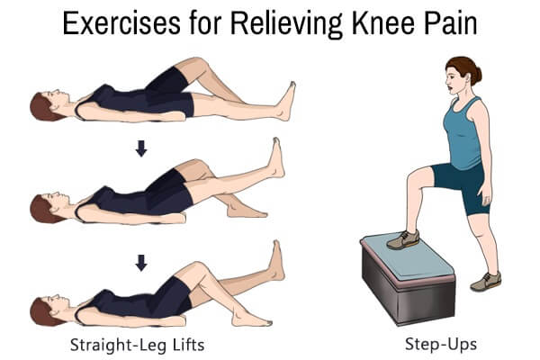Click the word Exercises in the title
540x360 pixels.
coord(121,23)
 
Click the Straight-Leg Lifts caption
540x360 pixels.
coord(138,345)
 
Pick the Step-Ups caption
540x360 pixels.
coord(441,344)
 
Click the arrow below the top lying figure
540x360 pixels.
coord(141,148)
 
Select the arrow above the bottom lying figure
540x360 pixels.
coord(141,263)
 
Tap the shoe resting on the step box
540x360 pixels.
coord(403,239)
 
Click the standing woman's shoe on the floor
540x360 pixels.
coord(486,282)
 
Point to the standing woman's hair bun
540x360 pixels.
coord(476,76)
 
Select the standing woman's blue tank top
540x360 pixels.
coord(463,134)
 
